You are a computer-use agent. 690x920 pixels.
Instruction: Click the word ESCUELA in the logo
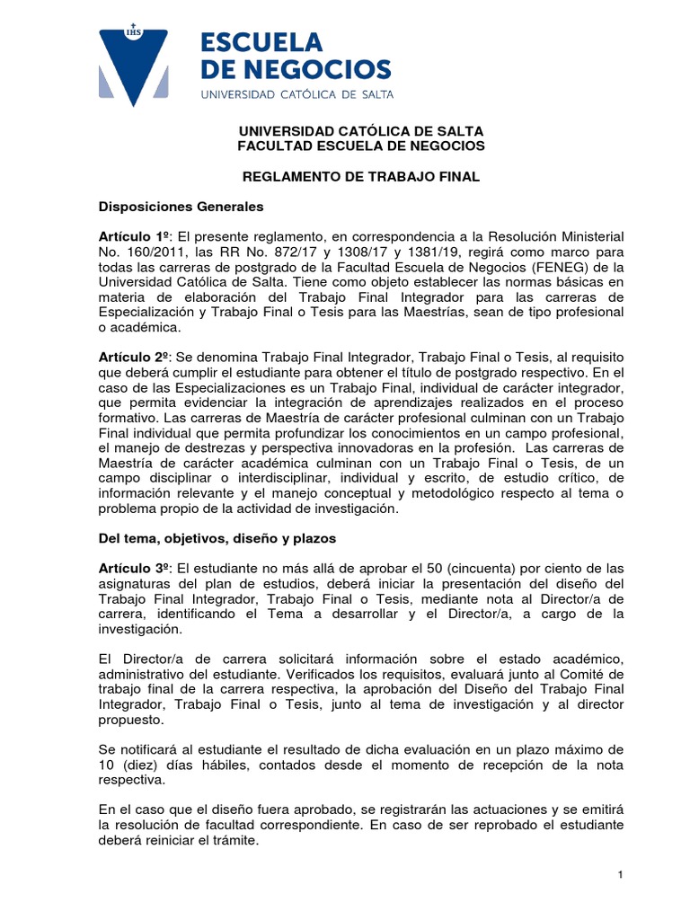click(261, 41)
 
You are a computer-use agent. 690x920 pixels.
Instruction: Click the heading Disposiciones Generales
click(181, 207)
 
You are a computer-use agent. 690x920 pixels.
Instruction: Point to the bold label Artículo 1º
click(135, 235)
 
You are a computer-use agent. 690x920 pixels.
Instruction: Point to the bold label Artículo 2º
click(135, 358)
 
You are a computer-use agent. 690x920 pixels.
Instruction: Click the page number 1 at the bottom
click(621, 874)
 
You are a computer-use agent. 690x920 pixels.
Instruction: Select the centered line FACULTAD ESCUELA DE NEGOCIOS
click(360, 146)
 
